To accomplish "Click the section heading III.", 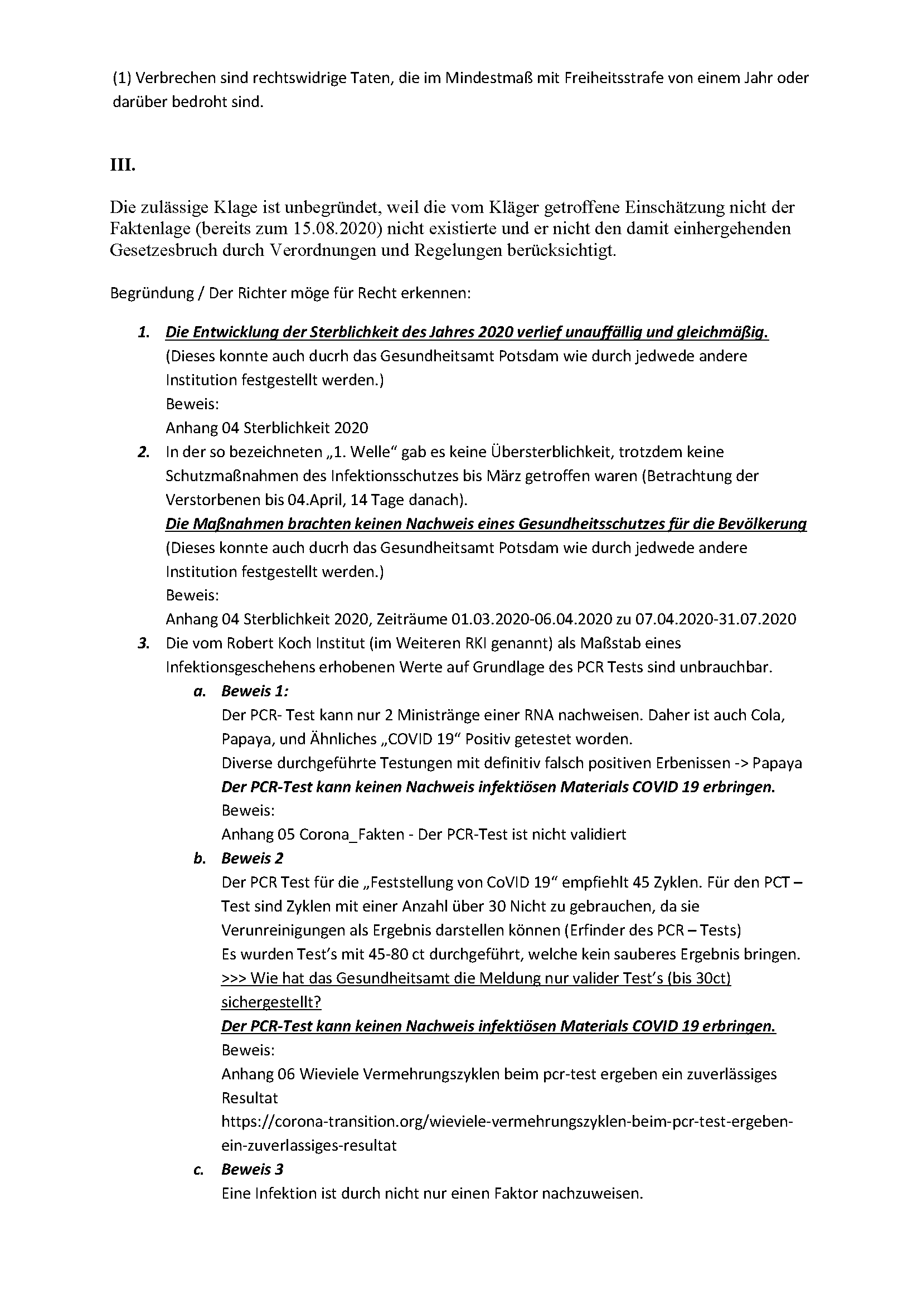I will (x=123, y=166).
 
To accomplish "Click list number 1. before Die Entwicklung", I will (x=144, y=333).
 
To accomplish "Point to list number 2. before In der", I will (x=144, y=452).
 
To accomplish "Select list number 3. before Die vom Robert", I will (x=144, y=643).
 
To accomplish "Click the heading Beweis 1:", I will (x=255, y=691).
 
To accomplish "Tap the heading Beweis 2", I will (x=252, y=859).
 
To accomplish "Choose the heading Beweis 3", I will (x=252, y=1170).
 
